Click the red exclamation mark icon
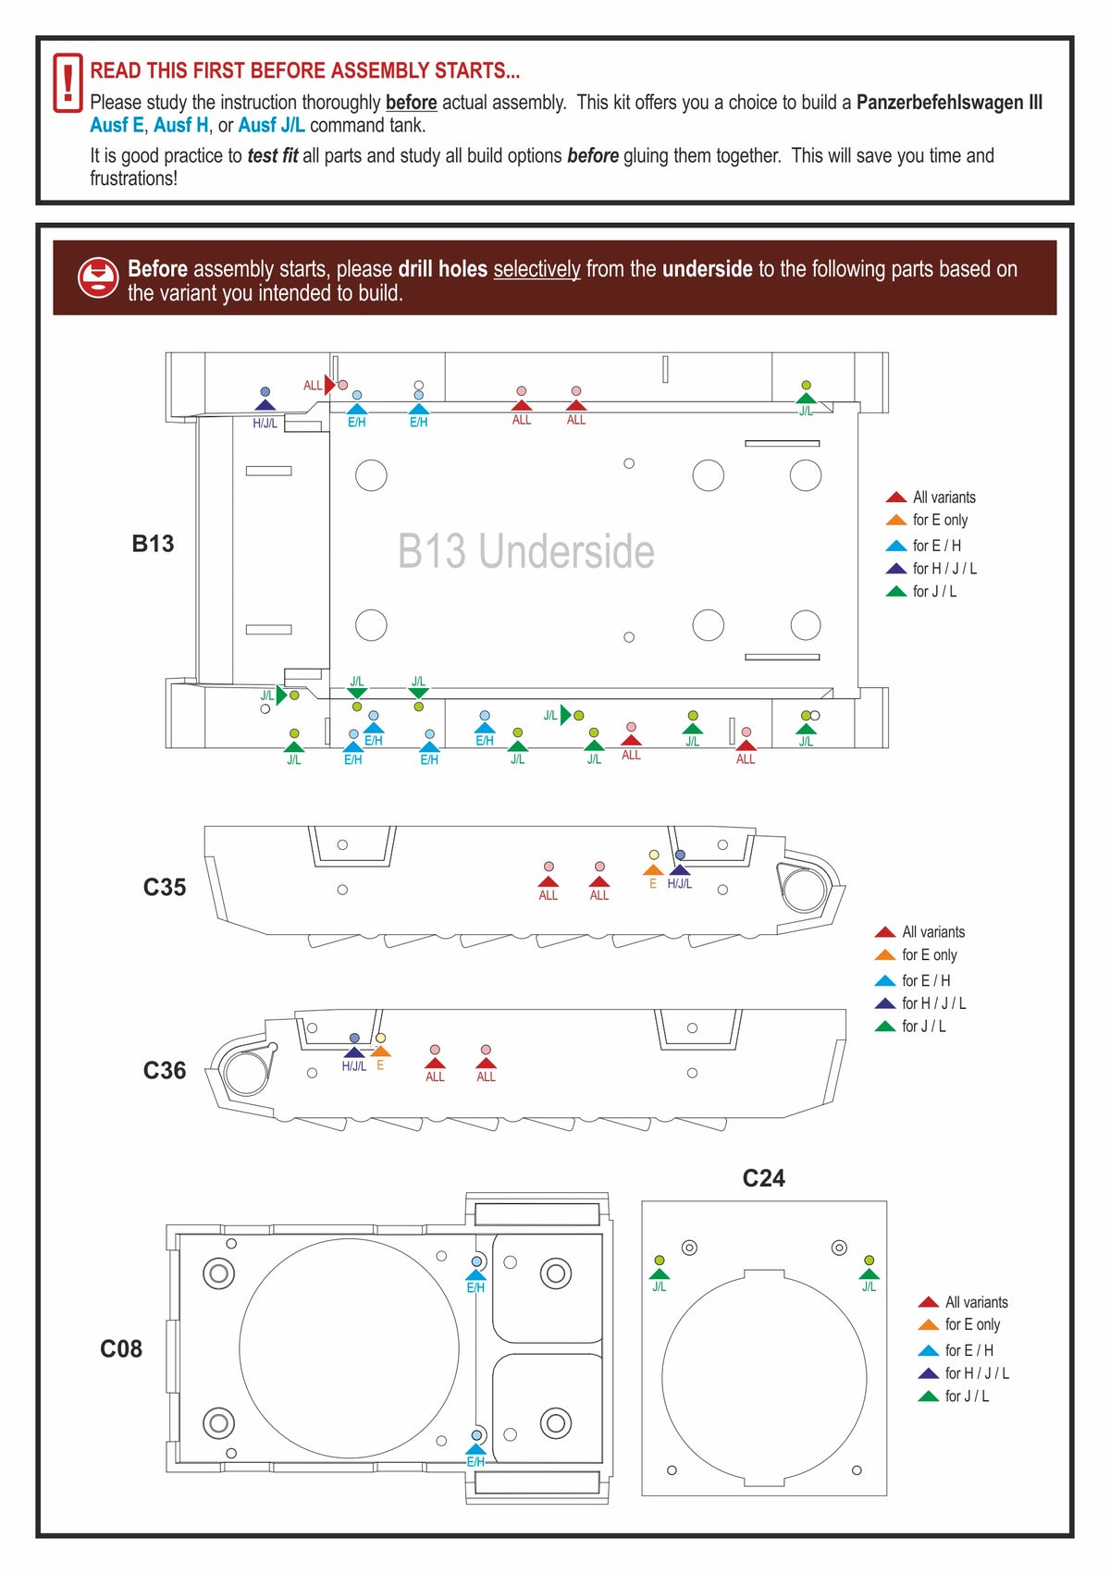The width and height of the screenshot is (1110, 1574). tap(68, 83)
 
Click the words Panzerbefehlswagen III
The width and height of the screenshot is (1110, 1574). tap(949, 103)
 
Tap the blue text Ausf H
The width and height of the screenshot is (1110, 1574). tap(181, 126)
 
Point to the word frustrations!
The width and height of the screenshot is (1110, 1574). tap(133, 178)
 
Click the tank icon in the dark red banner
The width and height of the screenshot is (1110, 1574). tap(98, 277)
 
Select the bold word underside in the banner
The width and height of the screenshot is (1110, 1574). tap(707, 269)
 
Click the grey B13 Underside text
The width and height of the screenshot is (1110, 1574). tap(525, 551)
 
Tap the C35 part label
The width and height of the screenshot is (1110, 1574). tap(165, 888)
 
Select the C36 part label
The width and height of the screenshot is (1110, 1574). tap(165, 1071)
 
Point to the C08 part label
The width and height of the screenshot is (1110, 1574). tap(121, 1349)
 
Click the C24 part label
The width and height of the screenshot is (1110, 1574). tap(763, 1178)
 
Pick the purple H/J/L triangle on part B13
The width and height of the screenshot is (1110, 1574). tap(265, 405)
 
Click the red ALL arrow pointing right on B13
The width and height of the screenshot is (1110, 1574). tap(329, 385)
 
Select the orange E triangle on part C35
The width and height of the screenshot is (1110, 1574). tap(653, 870)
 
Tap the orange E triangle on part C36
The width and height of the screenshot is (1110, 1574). tap(380, 1051)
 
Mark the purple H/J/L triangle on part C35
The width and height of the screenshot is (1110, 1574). tap(680, 870)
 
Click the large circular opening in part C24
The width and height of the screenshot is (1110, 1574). tap(764, 1377)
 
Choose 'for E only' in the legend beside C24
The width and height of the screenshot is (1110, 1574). tap(971, 1325)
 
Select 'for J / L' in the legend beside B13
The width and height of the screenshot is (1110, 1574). tap(933, 592)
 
